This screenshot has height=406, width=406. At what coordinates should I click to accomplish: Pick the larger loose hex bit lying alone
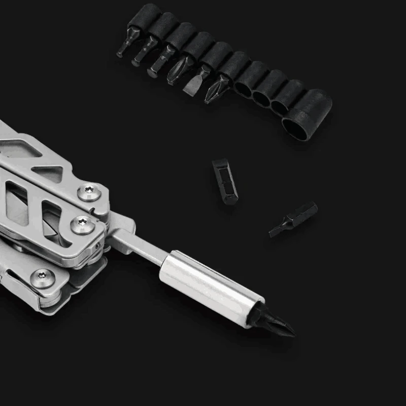tap(224, 181)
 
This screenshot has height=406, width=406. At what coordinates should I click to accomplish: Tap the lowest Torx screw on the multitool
tap(43, 277)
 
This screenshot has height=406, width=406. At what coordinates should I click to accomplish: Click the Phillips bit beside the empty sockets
tap(216, 88)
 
